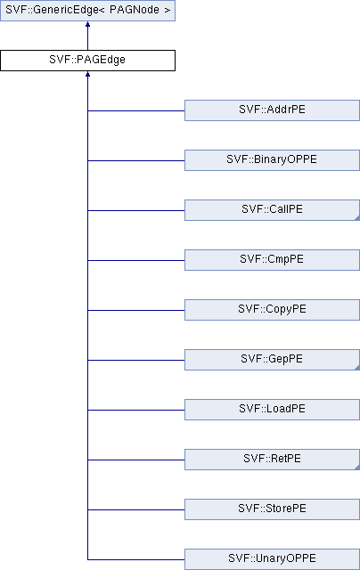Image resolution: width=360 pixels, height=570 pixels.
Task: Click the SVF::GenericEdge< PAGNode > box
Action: (x=87, y=10)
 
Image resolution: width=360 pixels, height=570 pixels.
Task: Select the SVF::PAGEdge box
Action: (x=87, y=61)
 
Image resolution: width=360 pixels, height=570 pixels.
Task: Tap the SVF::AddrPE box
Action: (x=272, y=110)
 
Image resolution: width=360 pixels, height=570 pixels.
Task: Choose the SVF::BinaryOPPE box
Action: (x=272, y=160)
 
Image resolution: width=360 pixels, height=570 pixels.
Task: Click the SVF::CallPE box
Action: (x=272, y=210)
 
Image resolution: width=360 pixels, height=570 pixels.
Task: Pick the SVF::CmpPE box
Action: (x=272, y=259)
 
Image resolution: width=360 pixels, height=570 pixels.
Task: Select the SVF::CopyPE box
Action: (x=272, y=310)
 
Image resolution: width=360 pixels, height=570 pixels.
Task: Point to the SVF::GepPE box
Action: (x=272, y=360)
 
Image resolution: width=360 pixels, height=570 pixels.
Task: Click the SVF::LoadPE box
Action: (x=272, y=410)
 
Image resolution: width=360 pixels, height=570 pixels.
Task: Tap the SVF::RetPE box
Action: (x=272, y=460)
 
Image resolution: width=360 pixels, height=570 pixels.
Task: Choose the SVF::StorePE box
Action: (x=272, y=509)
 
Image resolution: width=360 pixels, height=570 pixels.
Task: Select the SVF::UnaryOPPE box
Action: (x=272, y=559)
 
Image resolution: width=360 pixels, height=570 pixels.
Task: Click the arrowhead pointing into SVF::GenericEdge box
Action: (x=87, y=24)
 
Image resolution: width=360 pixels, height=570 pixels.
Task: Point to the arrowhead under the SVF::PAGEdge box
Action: (x=87, y=74)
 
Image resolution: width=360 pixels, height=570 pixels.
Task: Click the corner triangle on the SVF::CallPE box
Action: (x=357, y=217)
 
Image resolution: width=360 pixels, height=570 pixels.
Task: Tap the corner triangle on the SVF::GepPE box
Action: (x=357, y=368)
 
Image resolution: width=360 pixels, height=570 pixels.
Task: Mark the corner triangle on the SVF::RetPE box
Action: (x=357, y=467)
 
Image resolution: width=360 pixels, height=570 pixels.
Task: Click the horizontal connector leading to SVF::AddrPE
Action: (x=136, y=110)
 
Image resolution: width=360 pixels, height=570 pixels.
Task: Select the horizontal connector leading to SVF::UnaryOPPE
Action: (x=136, y=559)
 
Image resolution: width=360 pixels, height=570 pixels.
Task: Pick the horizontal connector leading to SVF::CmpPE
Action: (x=136, y=260)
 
